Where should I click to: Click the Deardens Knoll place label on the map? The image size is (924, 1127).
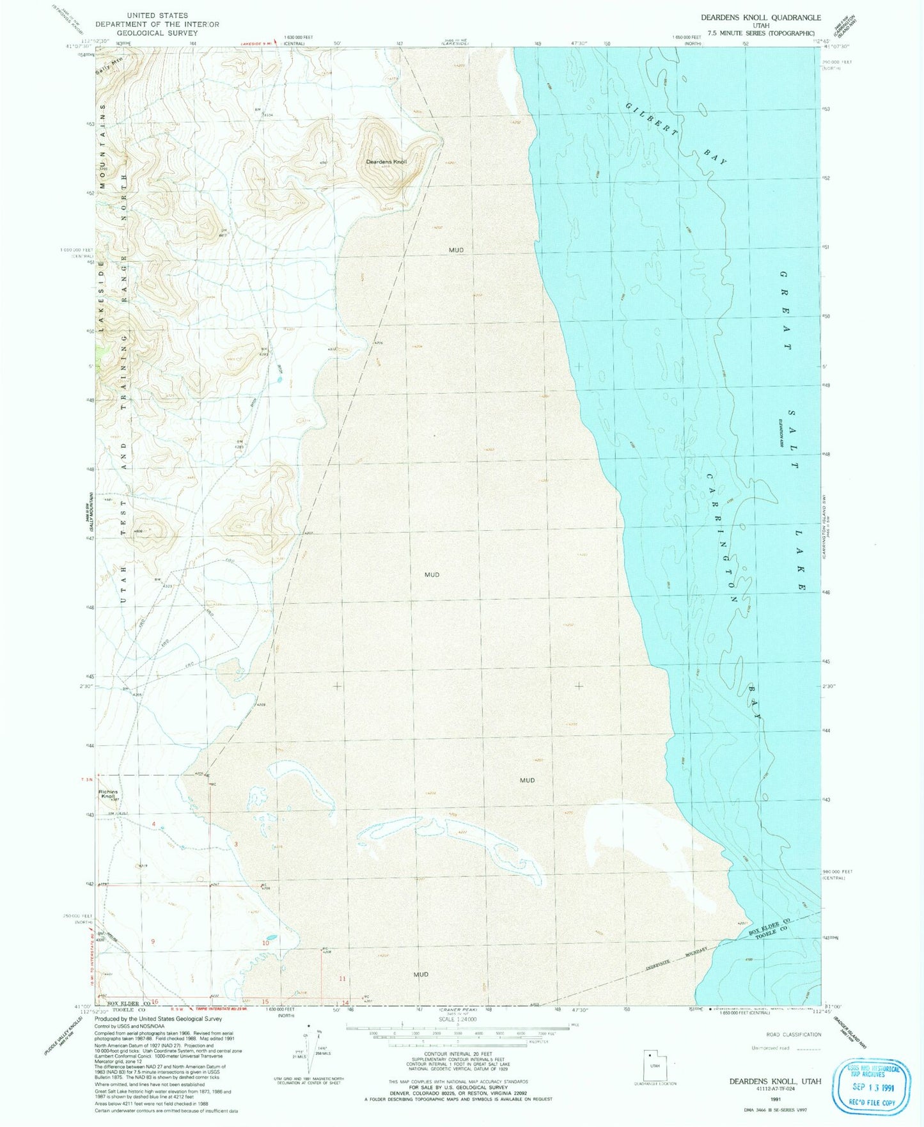(x=386, y=162)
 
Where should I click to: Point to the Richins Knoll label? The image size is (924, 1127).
(x=108, y=794)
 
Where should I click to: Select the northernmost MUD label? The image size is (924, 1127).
(x=456, y=250)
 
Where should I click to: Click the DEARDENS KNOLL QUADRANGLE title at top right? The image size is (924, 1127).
(x=760, y=18)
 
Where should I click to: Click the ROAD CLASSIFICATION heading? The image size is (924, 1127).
(x=794, y=1034)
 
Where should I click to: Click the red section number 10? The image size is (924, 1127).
(x=265, y=943)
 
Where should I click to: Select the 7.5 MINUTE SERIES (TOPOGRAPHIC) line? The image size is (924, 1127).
(x=760, y=33)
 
